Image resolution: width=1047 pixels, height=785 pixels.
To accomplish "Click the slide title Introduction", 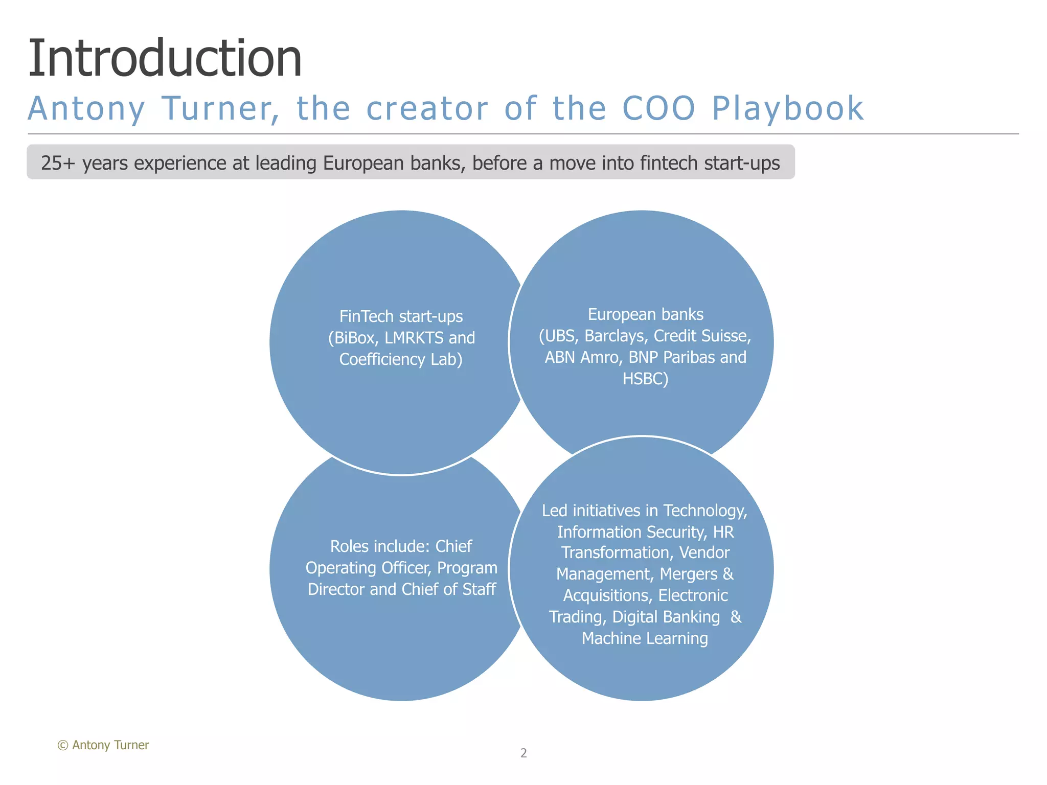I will click(165, 58).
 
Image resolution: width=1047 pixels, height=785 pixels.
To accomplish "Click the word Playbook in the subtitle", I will click(787, 108).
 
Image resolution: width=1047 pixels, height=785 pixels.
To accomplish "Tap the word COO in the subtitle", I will click(658, 108).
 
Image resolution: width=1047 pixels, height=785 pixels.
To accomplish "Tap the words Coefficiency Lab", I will click(401, 359).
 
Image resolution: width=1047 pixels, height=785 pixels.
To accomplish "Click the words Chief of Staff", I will click(448, 589).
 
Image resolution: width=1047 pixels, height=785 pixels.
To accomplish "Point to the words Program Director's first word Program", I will click(467, 568).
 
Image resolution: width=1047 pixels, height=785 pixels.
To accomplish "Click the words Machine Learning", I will click(645, 638).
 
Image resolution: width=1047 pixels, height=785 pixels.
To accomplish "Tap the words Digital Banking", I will click(666, 617).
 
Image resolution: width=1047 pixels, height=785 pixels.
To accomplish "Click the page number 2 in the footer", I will click(523, 753).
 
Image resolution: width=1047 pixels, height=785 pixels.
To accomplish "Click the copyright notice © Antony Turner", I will click(103, 745).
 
